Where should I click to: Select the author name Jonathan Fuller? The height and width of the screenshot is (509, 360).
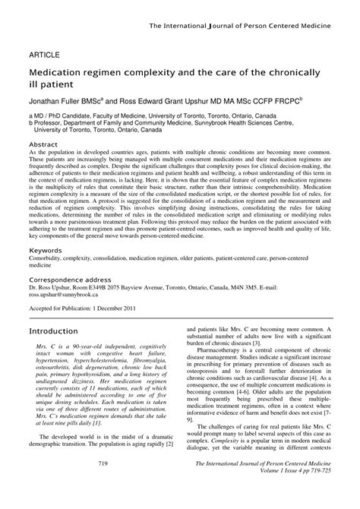60,100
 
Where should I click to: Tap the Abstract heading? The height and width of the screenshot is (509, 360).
44,144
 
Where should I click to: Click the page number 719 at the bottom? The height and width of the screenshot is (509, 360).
103,485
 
